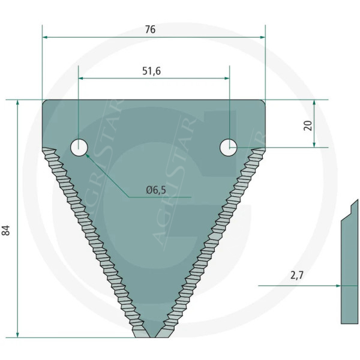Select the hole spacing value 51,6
pyautogui.click(x=151, y=71)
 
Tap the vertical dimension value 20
pyautogui.click(x=308, y=124)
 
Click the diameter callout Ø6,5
pyautogui.click(x=157, y=190)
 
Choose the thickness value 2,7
pyautogui.click(x=297, y=275)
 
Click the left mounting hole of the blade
pyautogui.click(x=79, y=147)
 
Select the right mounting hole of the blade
pyautogui.click(x=229, y=147)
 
